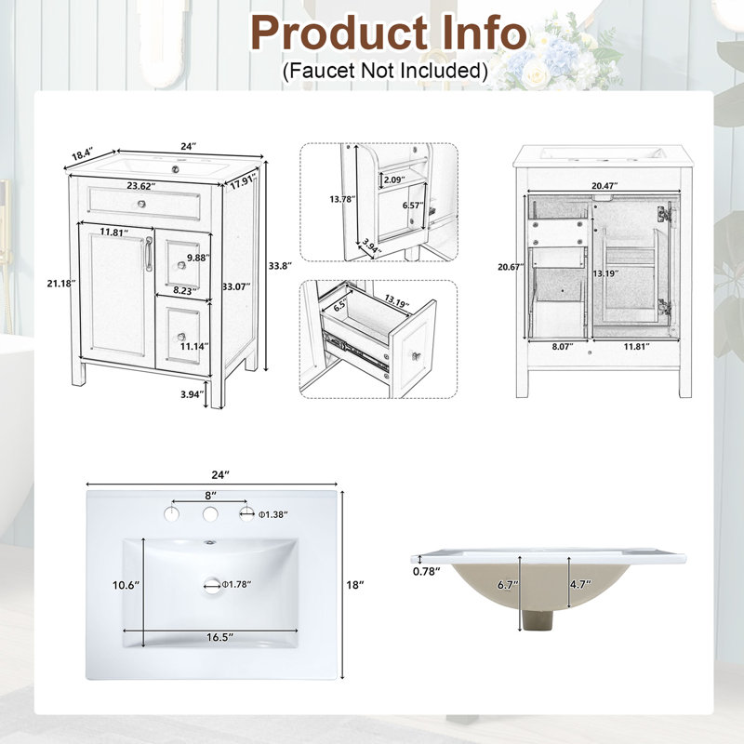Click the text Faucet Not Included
[385, 71]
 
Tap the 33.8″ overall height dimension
[280, 266]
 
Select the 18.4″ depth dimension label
[83, 153]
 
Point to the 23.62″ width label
[141, 186]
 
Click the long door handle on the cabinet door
[149, 254]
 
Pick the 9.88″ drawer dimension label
[198, 258]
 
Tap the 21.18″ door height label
[61, 284]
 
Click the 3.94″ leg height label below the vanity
[192, 394]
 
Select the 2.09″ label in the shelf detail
[394, 179]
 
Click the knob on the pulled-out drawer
[416, 355]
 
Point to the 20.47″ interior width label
[604, 186]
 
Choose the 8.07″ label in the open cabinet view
[563, 346]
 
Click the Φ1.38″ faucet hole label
[272, 514]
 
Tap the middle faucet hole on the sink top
[210, 514]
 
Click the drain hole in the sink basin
[212, 584]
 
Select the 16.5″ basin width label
[219, 637]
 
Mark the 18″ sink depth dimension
[355, 585]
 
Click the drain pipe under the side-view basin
[537, 619]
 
